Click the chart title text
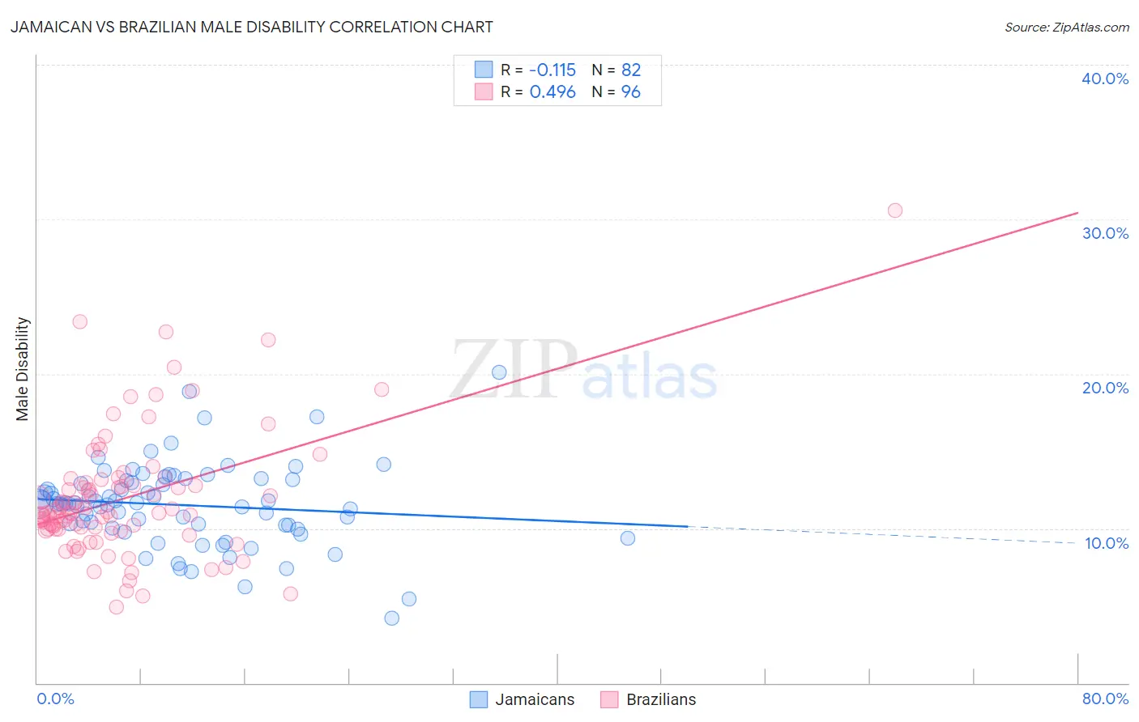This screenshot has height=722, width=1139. [x=251, y=27]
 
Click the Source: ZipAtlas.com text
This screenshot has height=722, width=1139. [x=1066, y=27]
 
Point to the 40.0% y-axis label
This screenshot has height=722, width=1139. [x=1105, y=79]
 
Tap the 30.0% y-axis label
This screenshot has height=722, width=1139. [x=1105, y=233]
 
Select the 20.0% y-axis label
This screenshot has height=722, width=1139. [x=1105, y=388]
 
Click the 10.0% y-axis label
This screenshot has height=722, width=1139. [x=1107, y=543]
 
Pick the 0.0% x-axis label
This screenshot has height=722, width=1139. [x=55, y=699]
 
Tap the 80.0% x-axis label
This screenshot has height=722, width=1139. [x=1105, y=699]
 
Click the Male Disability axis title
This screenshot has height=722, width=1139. [x=23, y=368]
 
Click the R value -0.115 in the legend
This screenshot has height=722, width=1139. [x=552, y=70]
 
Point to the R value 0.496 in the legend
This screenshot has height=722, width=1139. [x=552, y=92]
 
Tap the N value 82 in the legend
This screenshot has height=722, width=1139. [x=631, y=70]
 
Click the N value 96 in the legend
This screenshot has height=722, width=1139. [x=631, y=92]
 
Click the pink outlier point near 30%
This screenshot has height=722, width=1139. [x=895, y=210]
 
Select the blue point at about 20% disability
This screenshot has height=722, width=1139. [x=499, y=372]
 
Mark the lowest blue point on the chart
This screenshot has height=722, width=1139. [x=392, y=618]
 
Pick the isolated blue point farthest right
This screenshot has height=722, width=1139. [x=628, y=538]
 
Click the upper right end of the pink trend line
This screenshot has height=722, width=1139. [x=1077, y=213]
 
